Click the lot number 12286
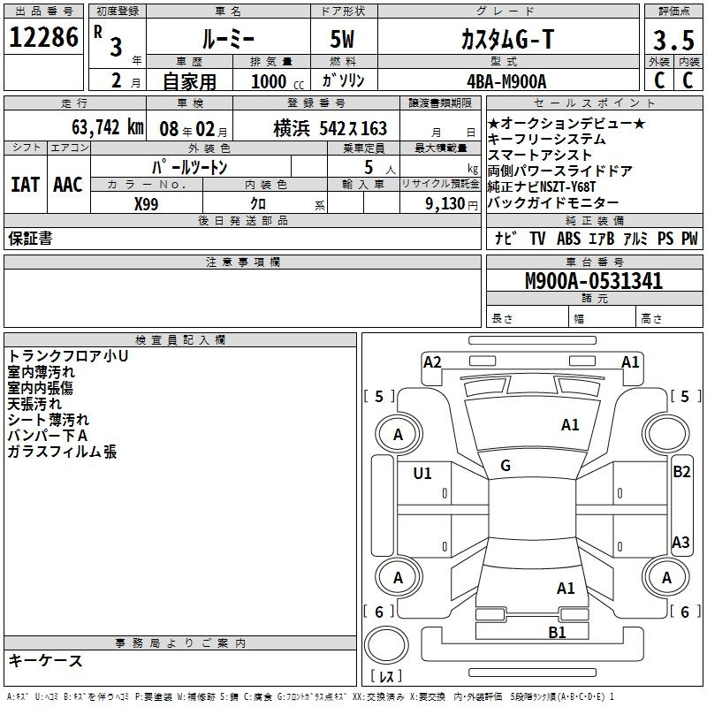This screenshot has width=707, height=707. click(43, 38)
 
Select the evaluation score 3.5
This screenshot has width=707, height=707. click(673, 40)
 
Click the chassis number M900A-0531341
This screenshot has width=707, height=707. click(594, 282)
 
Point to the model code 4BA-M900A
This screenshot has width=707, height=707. click(507, 80)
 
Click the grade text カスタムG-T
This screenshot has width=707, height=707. click(507, 40)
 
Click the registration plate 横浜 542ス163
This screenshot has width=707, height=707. click(330, 128)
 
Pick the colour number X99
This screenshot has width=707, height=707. click(147, 202)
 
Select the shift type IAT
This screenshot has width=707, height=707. click(26, 184)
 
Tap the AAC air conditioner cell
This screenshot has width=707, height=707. click(68, 184)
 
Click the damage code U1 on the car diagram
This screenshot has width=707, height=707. click(422, 474)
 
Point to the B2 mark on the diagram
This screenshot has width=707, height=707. click(681, 472)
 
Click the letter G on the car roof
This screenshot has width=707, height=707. click(506, 466)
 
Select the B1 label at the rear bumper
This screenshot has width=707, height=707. click(557, 632)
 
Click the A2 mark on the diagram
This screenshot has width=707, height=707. click(432, 361)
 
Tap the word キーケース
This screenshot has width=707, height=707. click(45, 660)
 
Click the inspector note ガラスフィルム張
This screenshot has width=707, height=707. click(62, 452)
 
